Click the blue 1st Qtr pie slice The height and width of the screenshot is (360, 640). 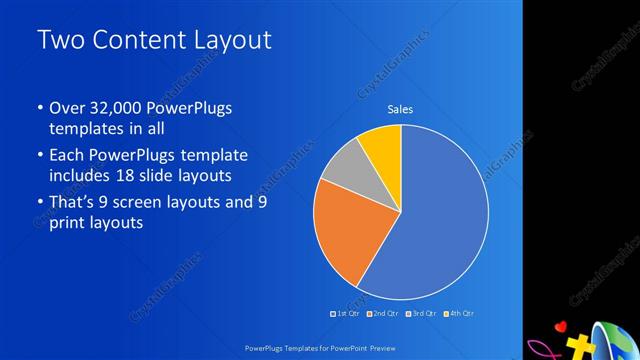440,220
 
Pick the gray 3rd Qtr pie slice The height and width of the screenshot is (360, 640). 345,164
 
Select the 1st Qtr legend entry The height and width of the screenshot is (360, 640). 346,314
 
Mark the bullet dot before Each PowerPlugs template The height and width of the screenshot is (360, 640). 39,156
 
